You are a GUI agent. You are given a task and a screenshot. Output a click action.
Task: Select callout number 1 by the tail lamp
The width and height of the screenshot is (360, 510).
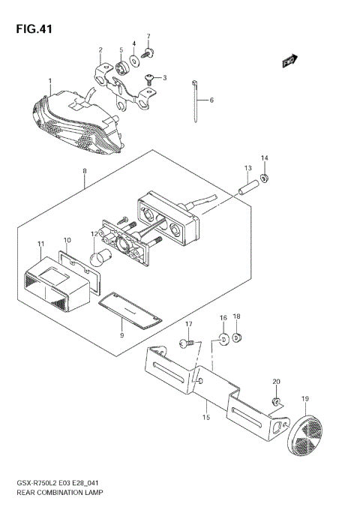[x=49, y=80]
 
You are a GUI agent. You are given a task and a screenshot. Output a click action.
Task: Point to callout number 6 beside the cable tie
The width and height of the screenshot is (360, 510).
[x=211, y=100]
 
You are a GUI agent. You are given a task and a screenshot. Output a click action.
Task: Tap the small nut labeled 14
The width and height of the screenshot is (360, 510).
[x=264, y=178]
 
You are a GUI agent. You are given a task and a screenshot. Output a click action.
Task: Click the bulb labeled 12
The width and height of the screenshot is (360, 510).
[x=99, y=261]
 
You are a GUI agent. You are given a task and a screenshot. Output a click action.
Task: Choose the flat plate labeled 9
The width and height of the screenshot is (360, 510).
[x=130, y=310]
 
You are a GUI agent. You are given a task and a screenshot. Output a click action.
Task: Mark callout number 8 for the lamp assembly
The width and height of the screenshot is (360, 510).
[x=85, y=172]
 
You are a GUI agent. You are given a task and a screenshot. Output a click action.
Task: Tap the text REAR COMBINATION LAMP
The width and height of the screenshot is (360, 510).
[x=56, y=494]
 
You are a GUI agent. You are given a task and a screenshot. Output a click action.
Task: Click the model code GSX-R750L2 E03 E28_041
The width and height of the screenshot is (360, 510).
[x=56, y=484]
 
